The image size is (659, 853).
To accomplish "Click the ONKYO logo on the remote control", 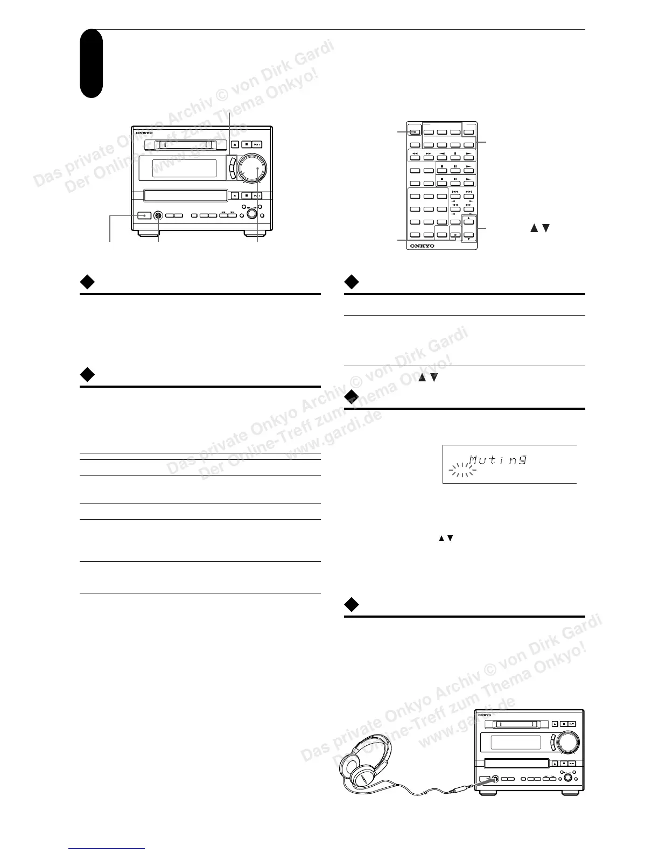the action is pyautogui.click(x=422, y=246).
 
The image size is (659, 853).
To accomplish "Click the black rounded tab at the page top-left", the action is pyautogui.click(x=91, y=64).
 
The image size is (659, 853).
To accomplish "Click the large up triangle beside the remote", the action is pyautogui.click(x=534, y=228).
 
